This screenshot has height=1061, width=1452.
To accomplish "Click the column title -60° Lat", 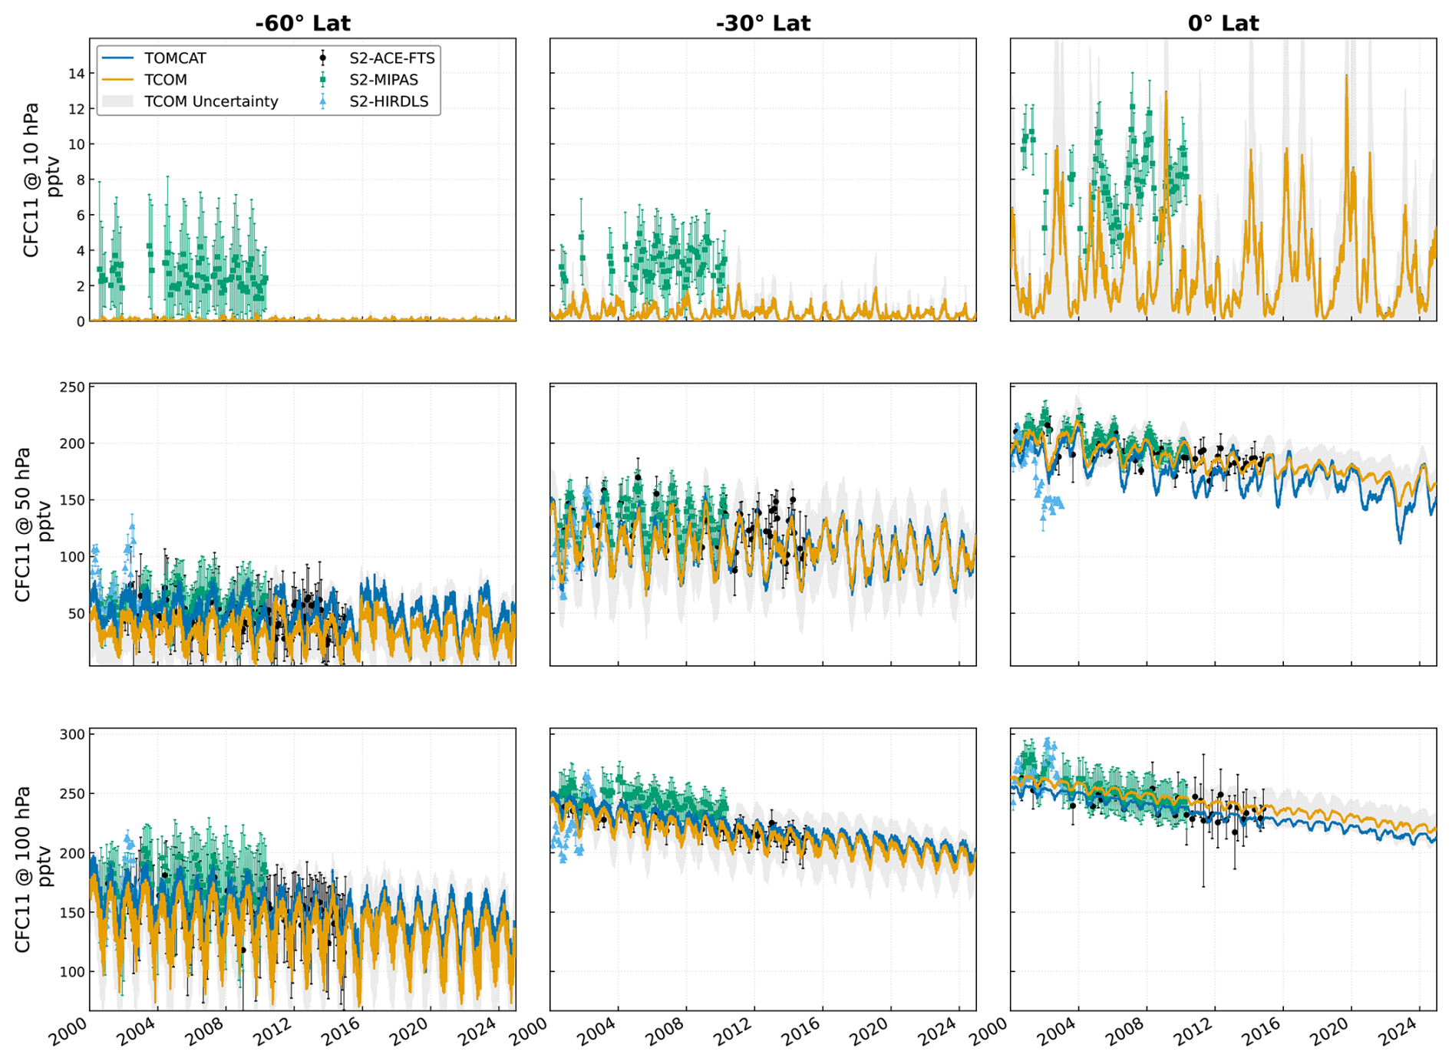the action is [302, 23].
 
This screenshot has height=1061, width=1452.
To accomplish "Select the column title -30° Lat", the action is [763, 23].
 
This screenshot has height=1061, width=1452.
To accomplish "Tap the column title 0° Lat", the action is [1223, 23].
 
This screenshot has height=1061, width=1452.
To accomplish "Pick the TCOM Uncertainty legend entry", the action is [190, 101].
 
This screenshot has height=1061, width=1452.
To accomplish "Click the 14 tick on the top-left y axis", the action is [76, 74].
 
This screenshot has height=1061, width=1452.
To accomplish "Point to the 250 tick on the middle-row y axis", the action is [72, 387].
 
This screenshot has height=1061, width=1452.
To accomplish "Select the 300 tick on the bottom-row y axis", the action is [72, 734].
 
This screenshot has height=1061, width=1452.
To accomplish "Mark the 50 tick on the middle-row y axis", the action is [76, 614].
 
